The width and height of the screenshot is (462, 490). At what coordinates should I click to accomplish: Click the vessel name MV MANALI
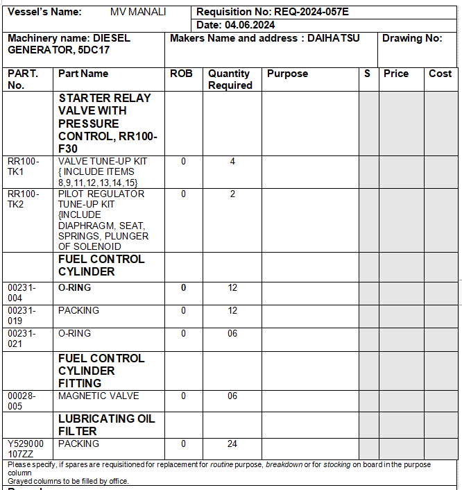138,12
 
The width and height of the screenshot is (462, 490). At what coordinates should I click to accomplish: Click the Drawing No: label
412,38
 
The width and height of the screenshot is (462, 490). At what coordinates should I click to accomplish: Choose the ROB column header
181,74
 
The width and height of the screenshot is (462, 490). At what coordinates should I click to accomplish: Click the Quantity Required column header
230,79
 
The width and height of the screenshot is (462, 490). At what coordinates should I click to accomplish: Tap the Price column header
396,74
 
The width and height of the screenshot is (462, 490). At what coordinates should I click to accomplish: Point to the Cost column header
440,74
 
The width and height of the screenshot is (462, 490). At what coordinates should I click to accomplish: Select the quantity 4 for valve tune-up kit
232,162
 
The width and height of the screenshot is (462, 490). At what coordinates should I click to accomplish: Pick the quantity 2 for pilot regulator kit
232,194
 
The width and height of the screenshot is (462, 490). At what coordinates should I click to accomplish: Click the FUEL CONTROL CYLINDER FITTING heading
101,371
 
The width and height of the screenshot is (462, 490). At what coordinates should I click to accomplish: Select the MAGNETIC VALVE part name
99,396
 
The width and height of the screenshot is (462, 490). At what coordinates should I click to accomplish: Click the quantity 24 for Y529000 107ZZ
232,444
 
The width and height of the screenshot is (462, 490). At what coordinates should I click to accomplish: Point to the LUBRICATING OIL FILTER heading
106,425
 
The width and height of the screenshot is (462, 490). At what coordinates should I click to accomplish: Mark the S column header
367,74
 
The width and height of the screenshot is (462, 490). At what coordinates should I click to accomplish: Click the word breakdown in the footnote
284,465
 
